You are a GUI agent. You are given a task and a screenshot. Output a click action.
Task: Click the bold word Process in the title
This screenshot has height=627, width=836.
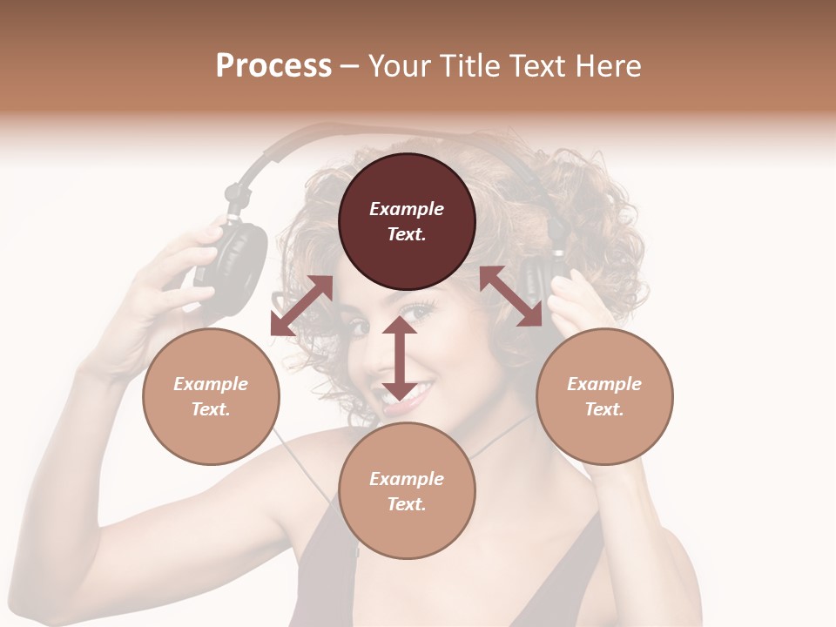[x=273, y=66]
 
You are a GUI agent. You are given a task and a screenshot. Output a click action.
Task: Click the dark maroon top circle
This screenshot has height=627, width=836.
[x=407, y=221]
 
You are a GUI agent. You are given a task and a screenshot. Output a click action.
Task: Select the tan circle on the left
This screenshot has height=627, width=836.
[x=211, y=396]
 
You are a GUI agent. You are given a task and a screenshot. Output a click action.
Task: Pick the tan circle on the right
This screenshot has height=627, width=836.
[x=604, y=396]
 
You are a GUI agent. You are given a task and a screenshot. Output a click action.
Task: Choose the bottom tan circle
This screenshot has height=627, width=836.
[x=407, y=491]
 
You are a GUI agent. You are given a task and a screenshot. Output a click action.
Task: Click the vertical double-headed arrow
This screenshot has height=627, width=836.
[x=400, y=358]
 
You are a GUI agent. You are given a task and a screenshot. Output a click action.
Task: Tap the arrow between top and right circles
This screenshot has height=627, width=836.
[x=510, y=296]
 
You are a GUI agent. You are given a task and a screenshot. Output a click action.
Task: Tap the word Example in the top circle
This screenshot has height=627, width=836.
[x=407, y=209]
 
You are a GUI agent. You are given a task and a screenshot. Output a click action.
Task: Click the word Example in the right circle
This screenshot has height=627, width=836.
[x=604, y=384]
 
